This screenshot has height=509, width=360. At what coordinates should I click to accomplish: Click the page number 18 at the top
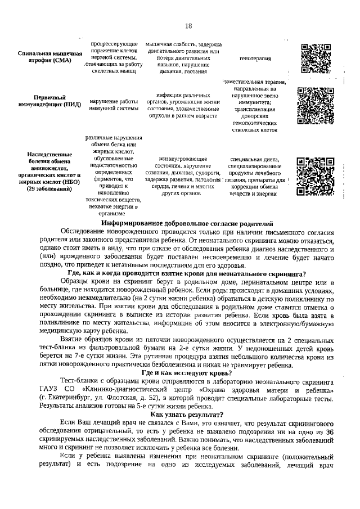(x=188, y=26)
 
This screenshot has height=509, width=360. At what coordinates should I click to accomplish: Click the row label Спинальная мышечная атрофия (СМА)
(x=46, y=57)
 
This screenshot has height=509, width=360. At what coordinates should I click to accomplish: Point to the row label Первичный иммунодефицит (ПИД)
(x=49, y=100)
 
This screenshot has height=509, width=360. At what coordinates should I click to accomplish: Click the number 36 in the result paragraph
(x=330, y=431)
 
